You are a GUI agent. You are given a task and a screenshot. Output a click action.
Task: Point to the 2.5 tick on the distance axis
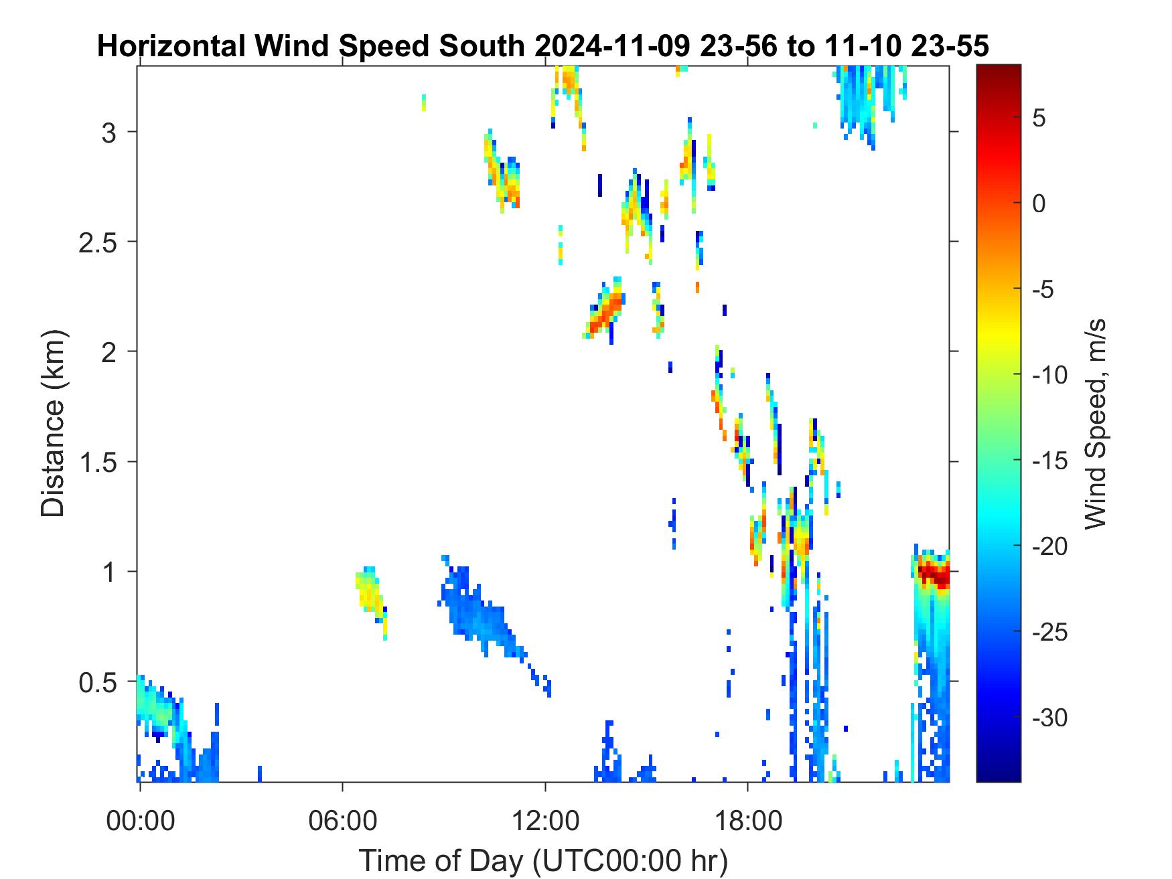click(x=98, y=242)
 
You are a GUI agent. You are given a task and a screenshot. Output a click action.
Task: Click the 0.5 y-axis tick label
click(x=98, y=683)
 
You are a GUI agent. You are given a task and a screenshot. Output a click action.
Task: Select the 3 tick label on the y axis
click(x=109, y=133)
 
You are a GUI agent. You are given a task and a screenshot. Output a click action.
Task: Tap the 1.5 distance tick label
click(x=98, y=463)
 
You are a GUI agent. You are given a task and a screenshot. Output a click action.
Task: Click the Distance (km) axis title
click(x=54, y=424)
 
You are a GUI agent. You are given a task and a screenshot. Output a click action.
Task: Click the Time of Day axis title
click(x=543, y=860)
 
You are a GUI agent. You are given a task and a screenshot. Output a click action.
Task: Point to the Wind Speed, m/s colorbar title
click(x=1094, y=424)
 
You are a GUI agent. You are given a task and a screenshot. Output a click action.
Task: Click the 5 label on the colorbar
click(x=1039, y=118)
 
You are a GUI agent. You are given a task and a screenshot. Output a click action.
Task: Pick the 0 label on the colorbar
click(x=1039, y=204)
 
